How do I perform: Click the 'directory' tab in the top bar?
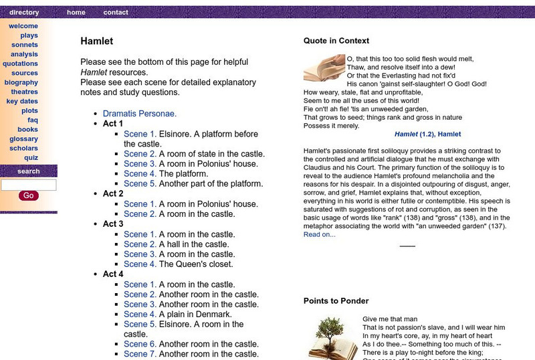pos(24,12)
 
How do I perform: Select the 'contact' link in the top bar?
pos(116,12)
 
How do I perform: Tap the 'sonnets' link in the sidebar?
pos(25,45)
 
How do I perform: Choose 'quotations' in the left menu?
pos(21,64)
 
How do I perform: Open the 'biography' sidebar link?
pos(21,82)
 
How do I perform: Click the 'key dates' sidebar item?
pos(22,101)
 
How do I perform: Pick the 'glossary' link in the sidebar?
pos(24,139)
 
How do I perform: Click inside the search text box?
pos(29,185)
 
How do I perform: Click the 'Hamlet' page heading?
pos(96,41)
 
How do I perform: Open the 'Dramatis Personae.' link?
pos(140,114)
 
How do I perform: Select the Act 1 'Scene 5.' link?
pos(140,183)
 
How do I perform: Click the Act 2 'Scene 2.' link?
pos(140,214)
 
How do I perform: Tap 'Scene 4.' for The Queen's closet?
pos(140,264)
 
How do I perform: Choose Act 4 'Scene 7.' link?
pos(140,353)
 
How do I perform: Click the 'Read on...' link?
pos(320,234)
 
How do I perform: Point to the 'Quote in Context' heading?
pos(336,41)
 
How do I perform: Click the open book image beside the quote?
pos(324,68)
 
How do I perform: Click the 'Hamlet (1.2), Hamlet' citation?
pos(427,134)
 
